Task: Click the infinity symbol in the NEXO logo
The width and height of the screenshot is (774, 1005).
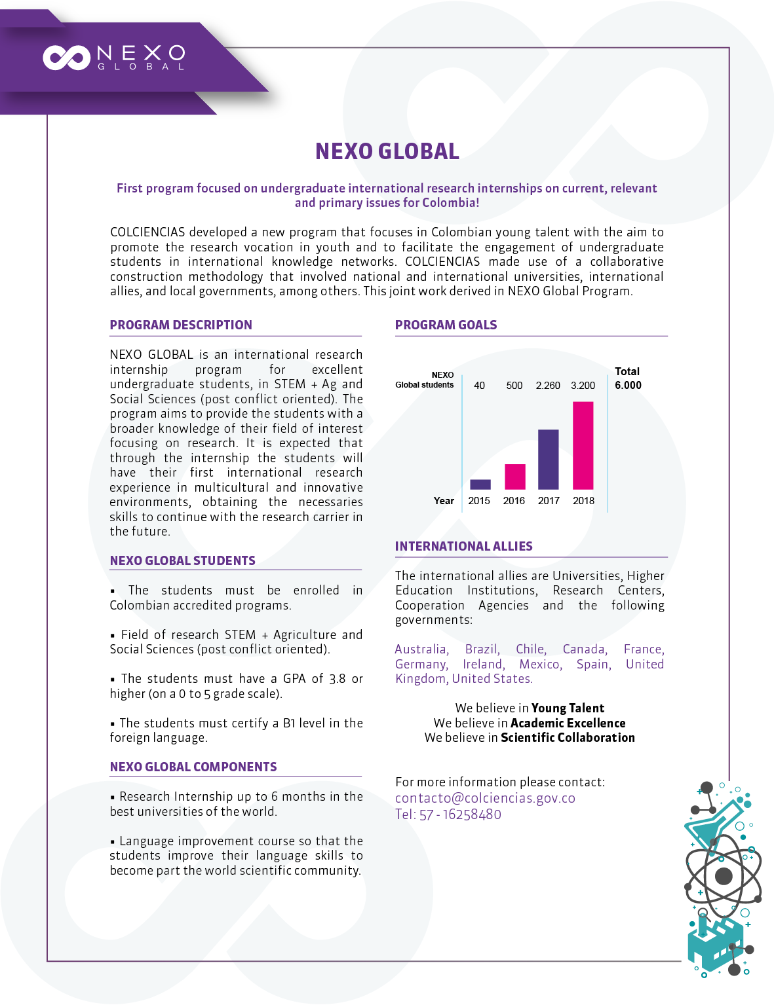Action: coord(66,58)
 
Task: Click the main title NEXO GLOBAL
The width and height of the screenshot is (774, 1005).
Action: coord(387,151)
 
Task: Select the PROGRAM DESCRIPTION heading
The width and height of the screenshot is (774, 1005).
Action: coord(181,325)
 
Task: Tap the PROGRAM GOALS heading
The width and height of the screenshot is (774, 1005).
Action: coord(446,325)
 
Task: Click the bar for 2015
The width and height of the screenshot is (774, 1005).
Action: coord(480,484)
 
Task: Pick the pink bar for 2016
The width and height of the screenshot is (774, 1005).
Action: coord(514,477)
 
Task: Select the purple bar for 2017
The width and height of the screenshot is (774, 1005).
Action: coord(549,459)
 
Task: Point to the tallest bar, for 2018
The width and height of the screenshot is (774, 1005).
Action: coord(583,445)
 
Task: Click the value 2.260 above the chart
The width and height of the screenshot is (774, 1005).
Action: coord(548,386)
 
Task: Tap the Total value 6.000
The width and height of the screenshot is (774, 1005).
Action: coord(628,386)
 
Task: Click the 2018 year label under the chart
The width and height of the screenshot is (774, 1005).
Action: coord(583,501)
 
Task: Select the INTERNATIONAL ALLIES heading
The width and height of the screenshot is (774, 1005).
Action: coord(463,546)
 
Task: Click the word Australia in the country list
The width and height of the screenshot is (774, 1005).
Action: coord(421,649)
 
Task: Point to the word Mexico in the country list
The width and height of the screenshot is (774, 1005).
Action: coord(539,665)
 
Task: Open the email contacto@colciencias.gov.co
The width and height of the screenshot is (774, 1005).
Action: coord(485,798)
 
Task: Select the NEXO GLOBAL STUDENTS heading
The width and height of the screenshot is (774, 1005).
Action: coord(182,560)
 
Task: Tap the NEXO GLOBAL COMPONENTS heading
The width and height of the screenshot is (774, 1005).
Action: coord(193,767)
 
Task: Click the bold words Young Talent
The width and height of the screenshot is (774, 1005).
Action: coord(568,708)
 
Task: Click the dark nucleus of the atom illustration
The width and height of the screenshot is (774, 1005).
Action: coord(724,876)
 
